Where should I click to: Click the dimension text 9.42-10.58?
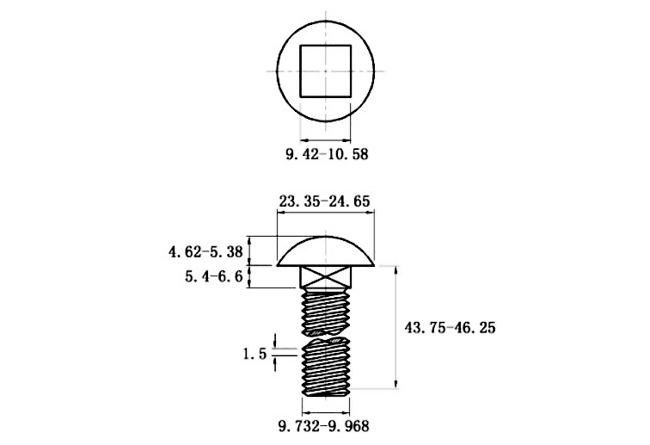[x=327, y=154]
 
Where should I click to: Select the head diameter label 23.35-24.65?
[x=324, y=201]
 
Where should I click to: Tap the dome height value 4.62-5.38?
[x=205, y=251]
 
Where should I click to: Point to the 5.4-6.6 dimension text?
[x=213, y=276]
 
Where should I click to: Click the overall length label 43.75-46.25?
[x=450, y=328]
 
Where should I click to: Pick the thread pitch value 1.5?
[x=254, y=355]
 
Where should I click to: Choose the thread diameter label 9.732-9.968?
[x=323, y=426]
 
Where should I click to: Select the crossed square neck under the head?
[x=325, y=277]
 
